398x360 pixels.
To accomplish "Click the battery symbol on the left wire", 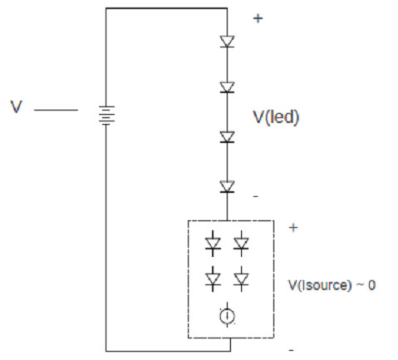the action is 106,115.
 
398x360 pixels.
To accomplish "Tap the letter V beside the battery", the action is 16,106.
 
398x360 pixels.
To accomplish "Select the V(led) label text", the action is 276,117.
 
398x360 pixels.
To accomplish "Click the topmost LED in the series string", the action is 227,42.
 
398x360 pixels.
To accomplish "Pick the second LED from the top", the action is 227,87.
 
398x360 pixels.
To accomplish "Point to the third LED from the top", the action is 227,137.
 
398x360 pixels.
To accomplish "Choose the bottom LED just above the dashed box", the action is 227,186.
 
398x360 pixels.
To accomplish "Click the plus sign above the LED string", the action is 258,18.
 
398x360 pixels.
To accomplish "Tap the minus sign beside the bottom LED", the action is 256,196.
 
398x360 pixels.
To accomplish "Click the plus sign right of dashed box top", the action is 293,228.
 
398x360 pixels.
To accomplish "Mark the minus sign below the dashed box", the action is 291,350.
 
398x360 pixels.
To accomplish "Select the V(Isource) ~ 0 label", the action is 332,285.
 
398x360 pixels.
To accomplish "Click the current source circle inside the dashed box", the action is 227,315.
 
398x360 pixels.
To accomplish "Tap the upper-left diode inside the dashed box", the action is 213,244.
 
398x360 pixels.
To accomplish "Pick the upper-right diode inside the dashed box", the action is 241,244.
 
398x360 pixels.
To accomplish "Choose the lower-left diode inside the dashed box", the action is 213,279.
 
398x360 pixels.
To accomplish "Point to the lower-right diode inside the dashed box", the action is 241,279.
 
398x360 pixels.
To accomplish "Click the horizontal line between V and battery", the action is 56,110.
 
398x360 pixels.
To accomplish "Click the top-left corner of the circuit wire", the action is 106,8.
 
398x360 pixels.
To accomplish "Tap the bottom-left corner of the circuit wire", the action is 106,351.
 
